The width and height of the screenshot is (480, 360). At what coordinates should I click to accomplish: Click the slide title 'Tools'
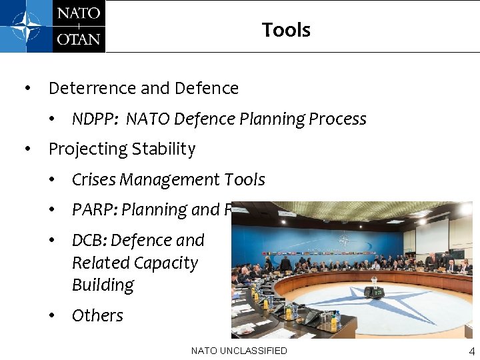point(286,30)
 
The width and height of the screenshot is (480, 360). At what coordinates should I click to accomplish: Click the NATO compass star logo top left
point(26,26)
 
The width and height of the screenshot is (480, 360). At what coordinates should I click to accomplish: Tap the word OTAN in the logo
point(79,38)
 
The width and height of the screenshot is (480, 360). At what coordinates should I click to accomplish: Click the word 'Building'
point(103,285)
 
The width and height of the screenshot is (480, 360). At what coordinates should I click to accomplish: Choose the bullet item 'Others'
point(97,315)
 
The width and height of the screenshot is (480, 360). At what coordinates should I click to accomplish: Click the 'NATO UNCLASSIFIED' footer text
point(239,351)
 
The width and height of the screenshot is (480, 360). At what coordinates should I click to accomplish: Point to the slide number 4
point(472,351)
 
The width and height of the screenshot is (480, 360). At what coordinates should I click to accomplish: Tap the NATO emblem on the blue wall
point(345,240)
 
